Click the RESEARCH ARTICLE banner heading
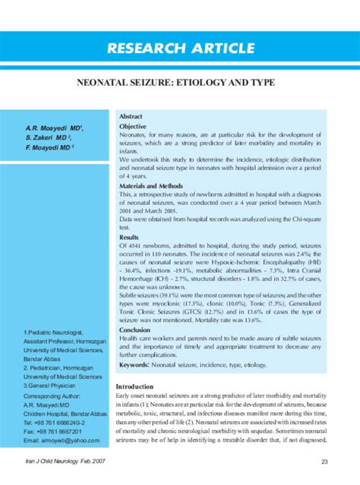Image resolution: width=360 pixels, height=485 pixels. pyautogui.click(x=180, y=49)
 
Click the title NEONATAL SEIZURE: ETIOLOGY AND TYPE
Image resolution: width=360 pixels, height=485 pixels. pyautogui.click(x=180, y=88)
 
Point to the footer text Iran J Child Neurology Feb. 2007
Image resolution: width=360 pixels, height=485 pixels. pyautogui.click(x=66, y=462)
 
